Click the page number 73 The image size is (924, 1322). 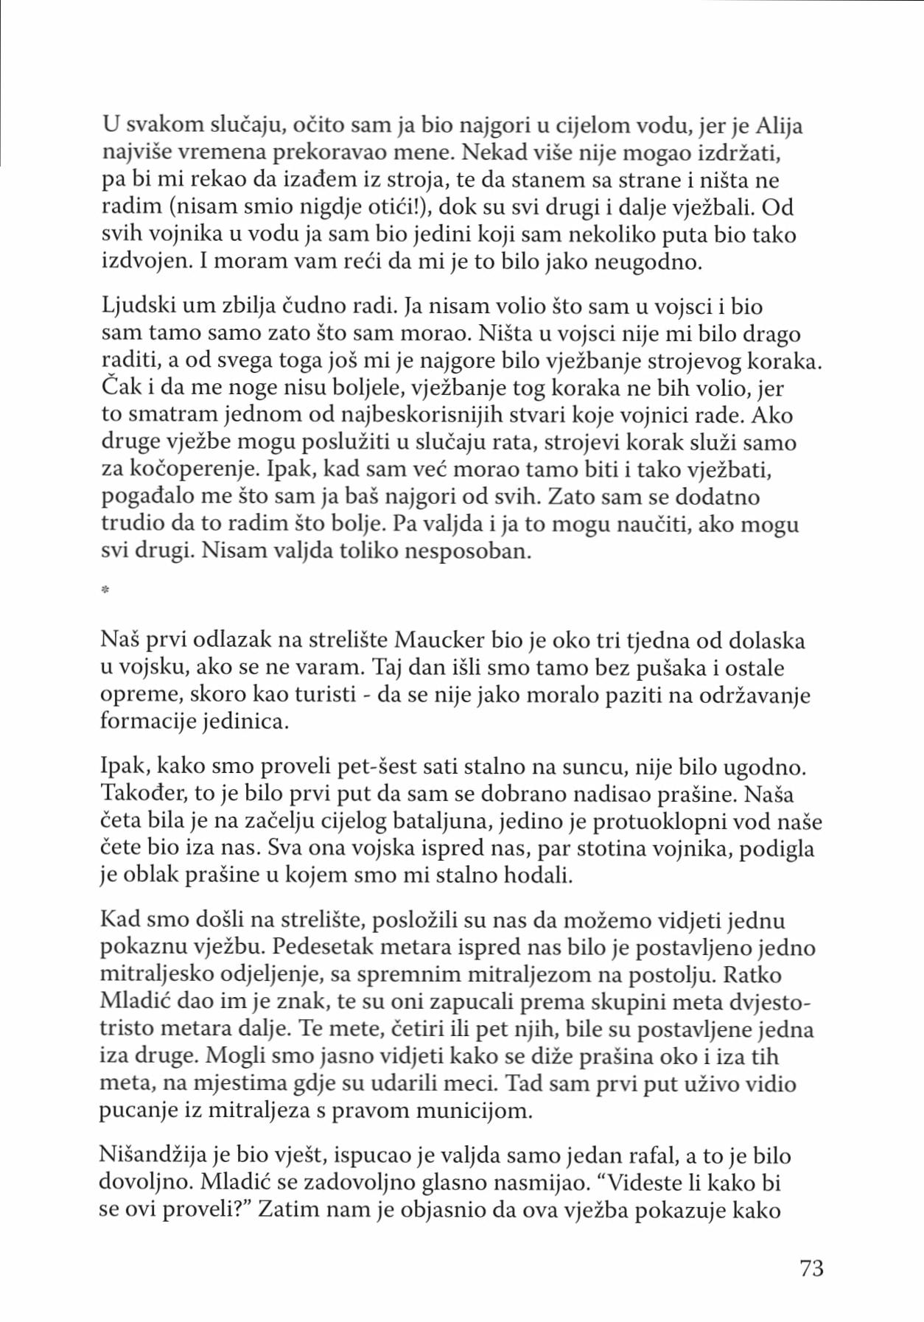811,1268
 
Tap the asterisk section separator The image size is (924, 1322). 105,590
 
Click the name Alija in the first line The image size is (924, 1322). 780,126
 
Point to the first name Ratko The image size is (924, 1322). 752,975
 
